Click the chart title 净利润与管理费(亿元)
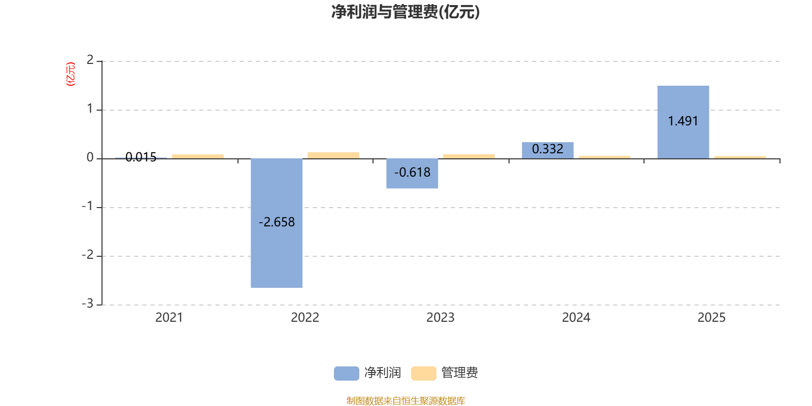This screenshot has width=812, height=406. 405,12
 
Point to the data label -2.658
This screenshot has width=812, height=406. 277,222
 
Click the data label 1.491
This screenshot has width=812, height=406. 683,121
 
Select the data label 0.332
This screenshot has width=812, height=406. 548,149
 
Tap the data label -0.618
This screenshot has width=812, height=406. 412,173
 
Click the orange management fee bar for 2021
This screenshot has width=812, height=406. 198,156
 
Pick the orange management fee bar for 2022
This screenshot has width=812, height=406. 333,155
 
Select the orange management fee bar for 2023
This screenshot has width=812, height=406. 469,156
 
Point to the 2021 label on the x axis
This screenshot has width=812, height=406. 169,318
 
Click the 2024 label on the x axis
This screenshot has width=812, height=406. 576,318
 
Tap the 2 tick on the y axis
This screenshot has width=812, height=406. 90,60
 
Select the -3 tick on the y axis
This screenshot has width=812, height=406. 88,303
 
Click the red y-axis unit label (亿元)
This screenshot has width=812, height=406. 71,74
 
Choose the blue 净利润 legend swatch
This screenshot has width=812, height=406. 346,374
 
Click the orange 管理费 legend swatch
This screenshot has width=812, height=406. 423,374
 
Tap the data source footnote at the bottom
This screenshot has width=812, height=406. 405,401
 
